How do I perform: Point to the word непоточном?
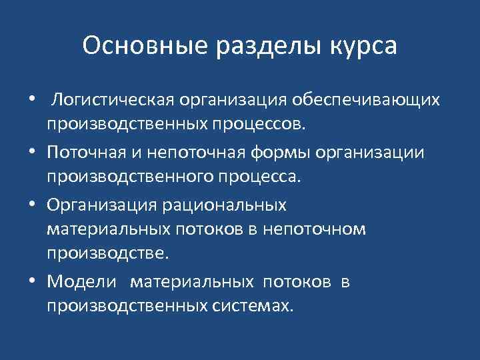315,229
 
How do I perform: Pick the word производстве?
109,253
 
